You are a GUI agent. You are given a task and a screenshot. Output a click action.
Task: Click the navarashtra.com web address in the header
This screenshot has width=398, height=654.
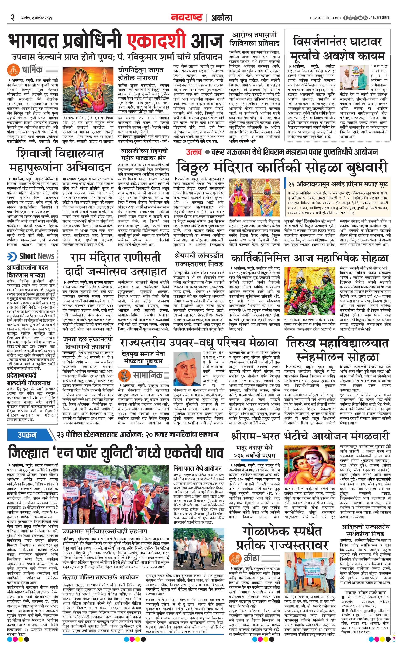click(325, 18)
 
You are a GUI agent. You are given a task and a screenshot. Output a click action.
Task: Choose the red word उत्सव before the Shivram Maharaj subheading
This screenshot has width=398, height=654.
click(193, 152)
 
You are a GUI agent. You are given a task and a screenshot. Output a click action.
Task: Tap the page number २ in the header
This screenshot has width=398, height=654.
click(12, 18)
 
